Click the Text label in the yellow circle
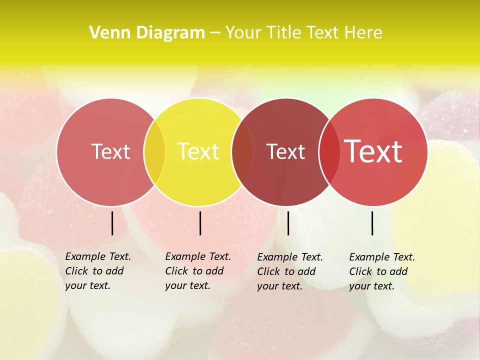click(x=198, y=151)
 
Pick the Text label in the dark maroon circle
click(x=285, y=152)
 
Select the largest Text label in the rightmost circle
click(x=373, y=151)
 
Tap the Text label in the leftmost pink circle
click(x=111, y=151)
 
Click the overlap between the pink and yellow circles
click(x=154, y=152)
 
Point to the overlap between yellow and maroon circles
click(x=242, y=152)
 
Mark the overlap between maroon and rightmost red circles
click(x=329, y=152)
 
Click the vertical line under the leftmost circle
click(x=112, y=223)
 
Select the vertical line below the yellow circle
click(x=200, y=223)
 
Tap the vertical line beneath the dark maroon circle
click(x=288, y=223)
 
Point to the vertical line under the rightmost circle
click(x=372, y=223)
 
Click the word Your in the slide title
click(x=243, y=33)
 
